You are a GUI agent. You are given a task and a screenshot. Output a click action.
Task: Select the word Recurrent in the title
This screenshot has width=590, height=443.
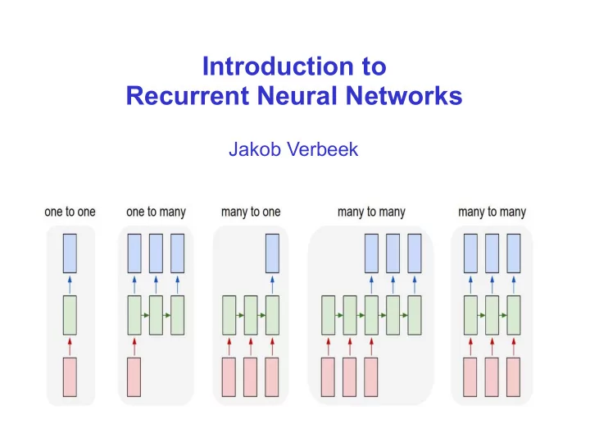(188, 96)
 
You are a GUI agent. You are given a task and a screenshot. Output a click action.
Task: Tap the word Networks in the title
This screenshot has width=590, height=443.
(404, 96)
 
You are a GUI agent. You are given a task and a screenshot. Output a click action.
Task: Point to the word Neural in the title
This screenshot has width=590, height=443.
(297, 96)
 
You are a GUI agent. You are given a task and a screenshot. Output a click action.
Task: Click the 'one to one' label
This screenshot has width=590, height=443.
(70, 212)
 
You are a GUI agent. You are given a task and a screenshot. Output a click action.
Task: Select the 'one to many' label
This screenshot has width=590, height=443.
(156, 212)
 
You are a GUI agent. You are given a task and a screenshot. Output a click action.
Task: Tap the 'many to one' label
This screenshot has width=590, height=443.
(251, 212)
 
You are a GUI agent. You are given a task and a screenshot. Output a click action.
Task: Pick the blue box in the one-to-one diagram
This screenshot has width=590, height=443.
(70, 253)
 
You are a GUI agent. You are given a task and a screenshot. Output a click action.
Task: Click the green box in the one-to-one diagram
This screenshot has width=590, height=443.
(70, 315)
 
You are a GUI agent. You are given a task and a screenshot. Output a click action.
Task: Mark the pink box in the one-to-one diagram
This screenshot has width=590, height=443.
(70, 377)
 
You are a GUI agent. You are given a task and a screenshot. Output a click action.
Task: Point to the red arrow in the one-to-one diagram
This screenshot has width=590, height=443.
(70, 346)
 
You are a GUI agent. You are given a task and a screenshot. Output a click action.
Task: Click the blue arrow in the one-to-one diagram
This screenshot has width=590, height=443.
(70, 285)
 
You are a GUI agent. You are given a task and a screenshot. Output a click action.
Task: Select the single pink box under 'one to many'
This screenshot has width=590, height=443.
(134, 377)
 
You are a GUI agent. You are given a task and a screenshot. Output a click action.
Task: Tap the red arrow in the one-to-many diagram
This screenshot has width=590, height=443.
(134, 346)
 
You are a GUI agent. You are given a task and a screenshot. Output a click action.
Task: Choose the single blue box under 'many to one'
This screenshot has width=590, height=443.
(272, 253)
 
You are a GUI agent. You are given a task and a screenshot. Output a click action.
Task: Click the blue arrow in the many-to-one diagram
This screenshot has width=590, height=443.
(272, 285)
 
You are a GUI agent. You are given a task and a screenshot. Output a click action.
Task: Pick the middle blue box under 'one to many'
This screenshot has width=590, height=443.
(157, 253)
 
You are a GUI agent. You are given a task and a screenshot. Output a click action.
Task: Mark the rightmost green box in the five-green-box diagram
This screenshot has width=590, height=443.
(415, 315)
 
